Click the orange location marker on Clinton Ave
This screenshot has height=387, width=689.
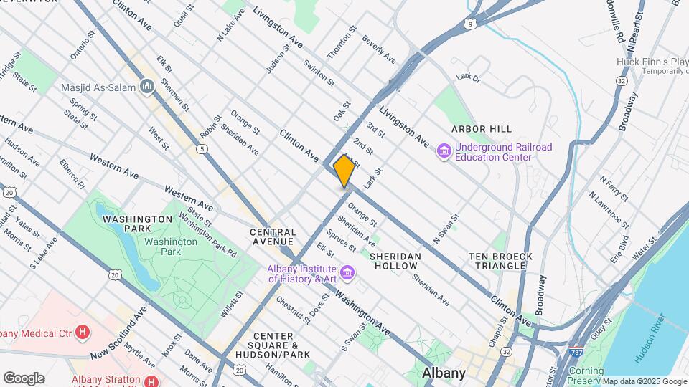tap(344, 171)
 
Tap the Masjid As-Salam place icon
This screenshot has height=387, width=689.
tap(149, 87)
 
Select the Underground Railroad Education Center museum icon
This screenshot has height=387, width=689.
tap(444, 152)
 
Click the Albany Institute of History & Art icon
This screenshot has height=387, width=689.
tap(348, 273)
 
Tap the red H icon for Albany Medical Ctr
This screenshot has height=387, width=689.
tap(84, 332)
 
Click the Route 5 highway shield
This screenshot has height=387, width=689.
tap(203, 148)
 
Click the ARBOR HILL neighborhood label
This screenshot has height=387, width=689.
tap(481, 129)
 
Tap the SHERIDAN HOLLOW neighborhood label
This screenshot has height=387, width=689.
tap(394, 261)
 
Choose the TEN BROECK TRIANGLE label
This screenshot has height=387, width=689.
tap(500, 261)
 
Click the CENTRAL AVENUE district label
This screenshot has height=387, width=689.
tap(273, 237)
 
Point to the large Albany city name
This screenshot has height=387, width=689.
tap(444, 373)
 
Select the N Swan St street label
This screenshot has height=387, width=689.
tap(445, 227)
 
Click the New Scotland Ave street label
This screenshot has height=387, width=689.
tap(118, 334)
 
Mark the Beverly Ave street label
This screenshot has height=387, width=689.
tap(379, 49)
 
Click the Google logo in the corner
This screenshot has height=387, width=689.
tap(24, 378)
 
